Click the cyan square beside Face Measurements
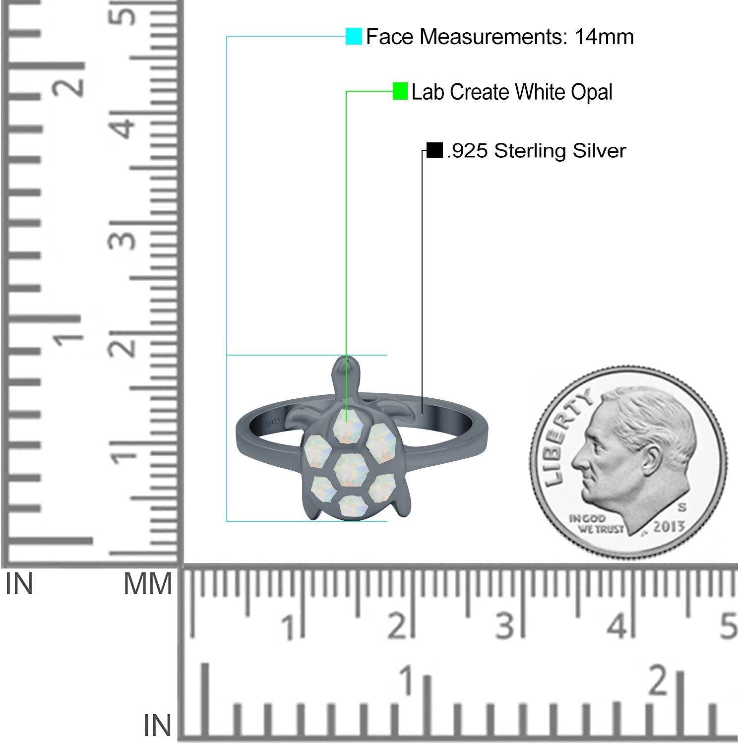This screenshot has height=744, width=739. click(354, 36)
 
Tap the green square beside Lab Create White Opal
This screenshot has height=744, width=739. click(400, 91)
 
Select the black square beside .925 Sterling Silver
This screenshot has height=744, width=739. click(434, 150)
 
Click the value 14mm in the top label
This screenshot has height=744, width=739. click(604, 37)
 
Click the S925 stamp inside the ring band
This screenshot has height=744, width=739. click(273, 422)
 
